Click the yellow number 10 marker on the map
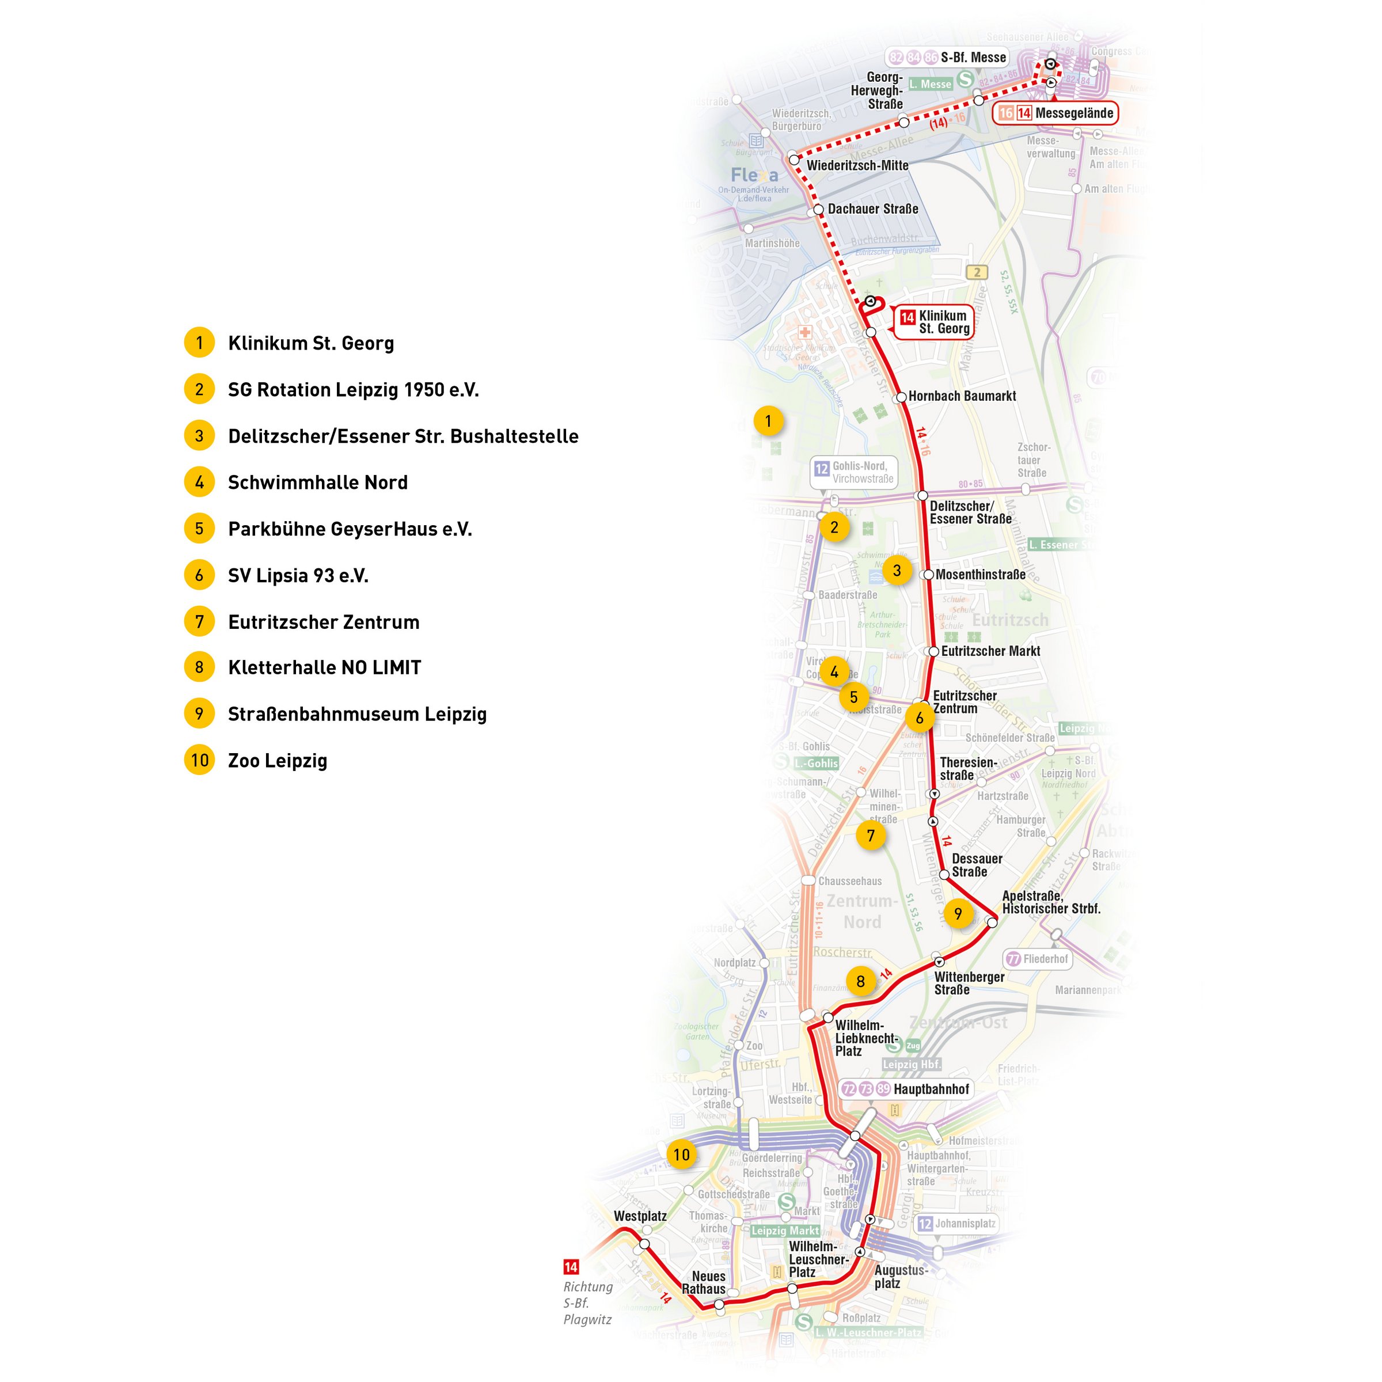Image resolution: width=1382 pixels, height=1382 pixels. pos(681,1154)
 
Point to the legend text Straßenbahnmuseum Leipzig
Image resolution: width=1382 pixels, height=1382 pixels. pos(357,714)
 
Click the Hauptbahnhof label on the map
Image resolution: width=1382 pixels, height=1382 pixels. pos(931,1089)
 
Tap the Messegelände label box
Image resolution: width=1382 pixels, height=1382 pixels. pos(1055,113)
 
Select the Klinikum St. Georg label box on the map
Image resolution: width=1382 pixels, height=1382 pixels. pos(933,322)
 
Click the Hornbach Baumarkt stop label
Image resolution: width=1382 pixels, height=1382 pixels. pos(962,396)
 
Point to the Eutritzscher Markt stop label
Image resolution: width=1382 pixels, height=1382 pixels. pos(990,651)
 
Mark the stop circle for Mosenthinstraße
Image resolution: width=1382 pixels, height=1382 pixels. pos(928,575)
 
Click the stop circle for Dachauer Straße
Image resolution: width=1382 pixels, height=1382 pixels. pos(819,211)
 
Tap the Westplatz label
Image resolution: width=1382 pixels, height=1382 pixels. pos(640,1216)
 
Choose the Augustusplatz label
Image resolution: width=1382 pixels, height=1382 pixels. pos(901,1276)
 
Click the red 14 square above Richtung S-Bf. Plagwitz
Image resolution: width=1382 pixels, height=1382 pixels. pos(571,1267)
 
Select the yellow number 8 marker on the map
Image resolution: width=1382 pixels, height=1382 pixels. pos(860,981)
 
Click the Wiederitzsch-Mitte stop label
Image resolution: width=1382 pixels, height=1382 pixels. pos(857,165)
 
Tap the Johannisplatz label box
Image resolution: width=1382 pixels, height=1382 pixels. pos(956,1223)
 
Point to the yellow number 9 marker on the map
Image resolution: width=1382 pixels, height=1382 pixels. pos(958,913)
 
